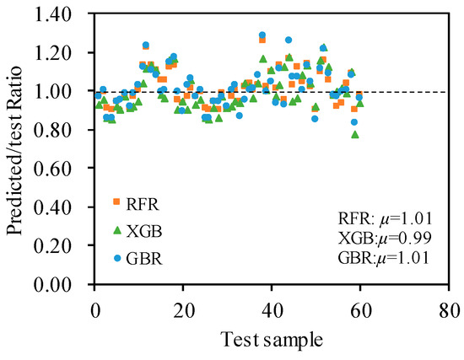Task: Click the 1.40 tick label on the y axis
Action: coord(53,15)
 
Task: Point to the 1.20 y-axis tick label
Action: coord(53,54)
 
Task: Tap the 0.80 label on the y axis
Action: coord(53,131)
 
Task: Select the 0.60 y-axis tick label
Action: coord(53,169)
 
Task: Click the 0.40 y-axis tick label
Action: coord(53,207)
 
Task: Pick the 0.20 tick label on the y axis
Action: coord(53,246)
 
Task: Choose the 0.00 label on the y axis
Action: coord(53,285)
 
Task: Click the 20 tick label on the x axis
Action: coord(183,311)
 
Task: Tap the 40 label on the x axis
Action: coord(272,311)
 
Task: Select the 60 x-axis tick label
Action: coord(360,311)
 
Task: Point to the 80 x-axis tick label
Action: coord(449,311)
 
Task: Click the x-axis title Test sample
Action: coord(272,340)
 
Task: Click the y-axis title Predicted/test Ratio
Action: coord(15,150)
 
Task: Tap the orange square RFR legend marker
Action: coord(117,201)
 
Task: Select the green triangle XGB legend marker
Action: coord(117,230)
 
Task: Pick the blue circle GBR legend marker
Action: coord(117,258)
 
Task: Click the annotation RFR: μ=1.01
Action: coord(385,219)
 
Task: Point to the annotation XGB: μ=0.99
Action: coord(385,238)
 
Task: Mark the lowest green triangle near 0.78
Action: coord(355,135)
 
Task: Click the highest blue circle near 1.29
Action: coord(262,35)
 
